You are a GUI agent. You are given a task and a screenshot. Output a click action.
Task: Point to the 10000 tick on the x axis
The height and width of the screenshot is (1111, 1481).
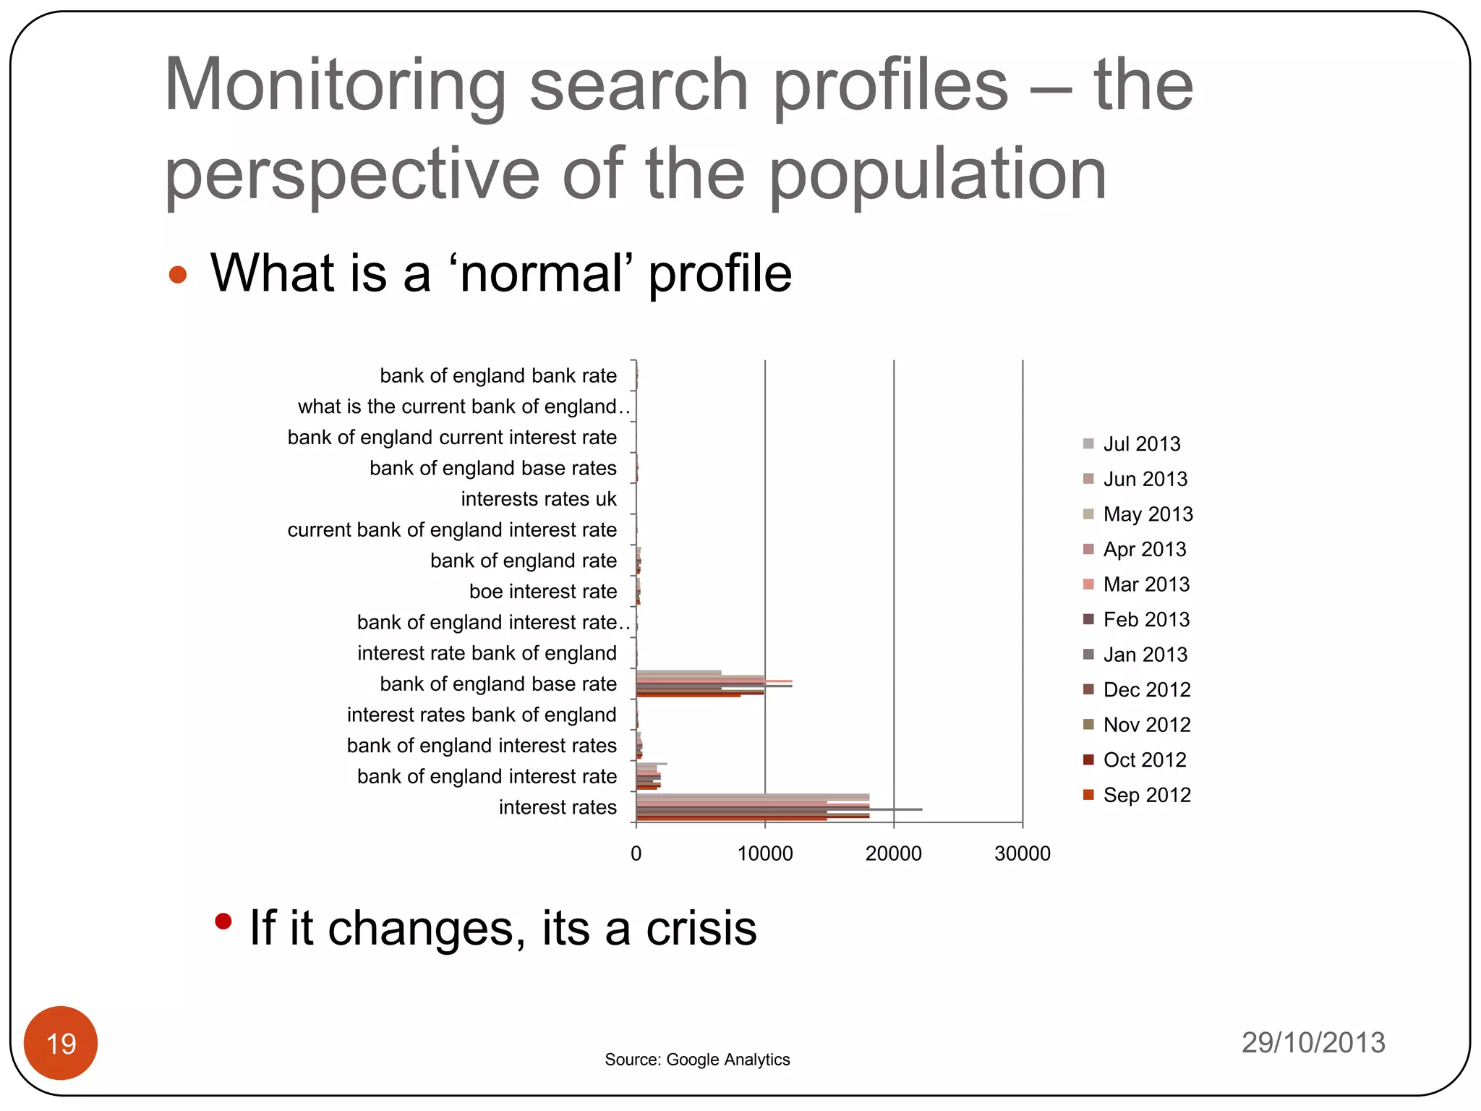(x=765, y=854)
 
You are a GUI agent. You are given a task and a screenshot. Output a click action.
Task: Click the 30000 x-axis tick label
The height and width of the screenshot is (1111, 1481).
(x=1023, y=854)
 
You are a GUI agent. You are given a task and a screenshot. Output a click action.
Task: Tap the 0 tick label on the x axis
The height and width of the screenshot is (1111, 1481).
(x=636, y=854)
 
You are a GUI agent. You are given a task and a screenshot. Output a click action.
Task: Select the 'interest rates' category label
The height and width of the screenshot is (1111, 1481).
(x=558, y=807)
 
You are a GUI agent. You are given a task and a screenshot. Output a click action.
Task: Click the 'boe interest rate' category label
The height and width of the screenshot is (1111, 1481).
(x=543, y=592)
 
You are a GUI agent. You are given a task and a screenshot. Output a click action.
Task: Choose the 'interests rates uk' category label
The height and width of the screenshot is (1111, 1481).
(x=539, y=499)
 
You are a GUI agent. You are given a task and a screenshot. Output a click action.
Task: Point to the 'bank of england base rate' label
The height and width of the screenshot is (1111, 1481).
(x=498, y=684)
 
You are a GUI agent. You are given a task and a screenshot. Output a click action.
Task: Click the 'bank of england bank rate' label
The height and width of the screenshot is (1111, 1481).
(x=498, y=376)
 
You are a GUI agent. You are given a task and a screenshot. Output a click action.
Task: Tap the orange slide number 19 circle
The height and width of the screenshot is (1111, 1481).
(x=61, y=1043)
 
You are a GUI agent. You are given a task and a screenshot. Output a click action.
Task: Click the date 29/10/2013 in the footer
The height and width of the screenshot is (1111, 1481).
(x=1313, y=1042)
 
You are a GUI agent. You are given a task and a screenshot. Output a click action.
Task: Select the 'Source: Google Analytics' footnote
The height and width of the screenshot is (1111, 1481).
(x=697, y=1060)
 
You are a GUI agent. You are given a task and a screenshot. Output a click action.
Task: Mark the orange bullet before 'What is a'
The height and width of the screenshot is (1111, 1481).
(x=178, y=275)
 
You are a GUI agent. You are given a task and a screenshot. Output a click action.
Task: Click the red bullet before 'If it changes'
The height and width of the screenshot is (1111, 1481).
(x=223, y=921)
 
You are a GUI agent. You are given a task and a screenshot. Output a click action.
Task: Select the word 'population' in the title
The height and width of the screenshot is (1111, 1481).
(x=937, y=175)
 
